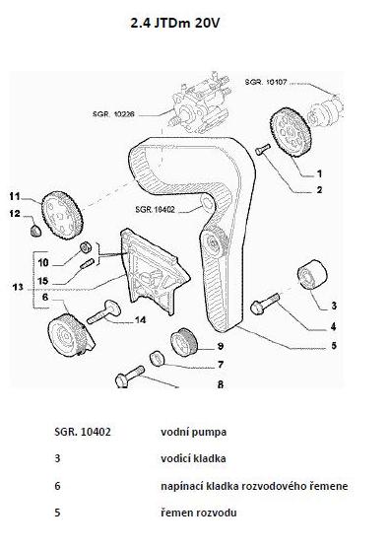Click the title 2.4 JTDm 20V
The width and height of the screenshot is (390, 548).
tap(175, 24)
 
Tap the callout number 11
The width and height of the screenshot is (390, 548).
tap(15, 196)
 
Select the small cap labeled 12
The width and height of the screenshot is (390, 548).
tap(34, 231)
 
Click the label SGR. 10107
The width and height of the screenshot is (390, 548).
tap(266, 82)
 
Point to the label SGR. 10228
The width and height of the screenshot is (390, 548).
tap(113, 114)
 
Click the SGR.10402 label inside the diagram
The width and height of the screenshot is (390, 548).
tap(155, 209)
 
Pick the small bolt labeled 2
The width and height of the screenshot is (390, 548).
tap(262, 149)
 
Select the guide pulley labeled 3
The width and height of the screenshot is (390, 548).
tap(312, 275)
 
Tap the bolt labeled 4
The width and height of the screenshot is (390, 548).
tap(265, 304)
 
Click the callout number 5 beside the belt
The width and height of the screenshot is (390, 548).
tap(334, 345)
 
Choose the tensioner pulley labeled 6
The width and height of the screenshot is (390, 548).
tap(70, 335)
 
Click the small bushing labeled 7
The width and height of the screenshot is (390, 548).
tap(157, 359)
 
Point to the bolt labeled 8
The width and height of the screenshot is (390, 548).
tap(130, 377)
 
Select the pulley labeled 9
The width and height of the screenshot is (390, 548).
tap(184, 342)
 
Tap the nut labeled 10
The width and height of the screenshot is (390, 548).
tap(86, 247)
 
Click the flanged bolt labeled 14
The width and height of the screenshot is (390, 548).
tap(103, 312)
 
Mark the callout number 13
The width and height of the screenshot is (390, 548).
tap(18, 287)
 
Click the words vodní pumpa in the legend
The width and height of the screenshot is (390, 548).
tap(193, 432)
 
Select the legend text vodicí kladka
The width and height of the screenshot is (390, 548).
tap(193, 458)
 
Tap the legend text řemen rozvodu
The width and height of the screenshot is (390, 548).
tap(199, 513)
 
